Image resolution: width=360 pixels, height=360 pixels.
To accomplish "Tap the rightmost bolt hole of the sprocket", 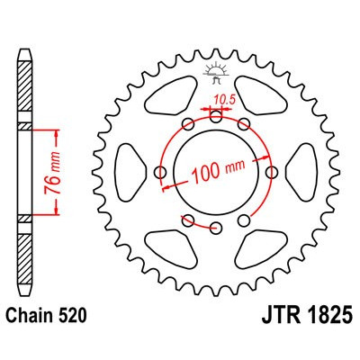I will point(272,169).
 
